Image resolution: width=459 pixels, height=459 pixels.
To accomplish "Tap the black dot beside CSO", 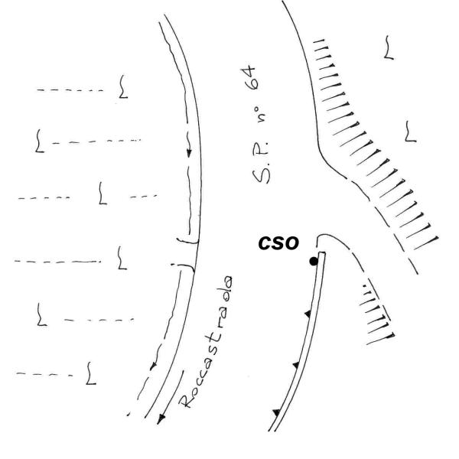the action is tap(313, 262).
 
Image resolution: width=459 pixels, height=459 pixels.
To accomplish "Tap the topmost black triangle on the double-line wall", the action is tap(308, 314).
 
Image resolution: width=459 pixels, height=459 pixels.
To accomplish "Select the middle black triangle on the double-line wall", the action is tap(295, 366).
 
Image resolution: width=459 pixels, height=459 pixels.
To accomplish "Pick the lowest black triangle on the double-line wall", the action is tap(276, 413).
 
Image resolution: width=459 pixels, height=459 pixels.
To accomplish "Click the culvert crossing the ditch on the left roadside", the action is tap(184, 252).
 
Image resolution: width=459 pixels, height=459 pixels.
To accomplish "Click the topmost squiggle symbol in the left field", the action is tap(122, 88).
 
